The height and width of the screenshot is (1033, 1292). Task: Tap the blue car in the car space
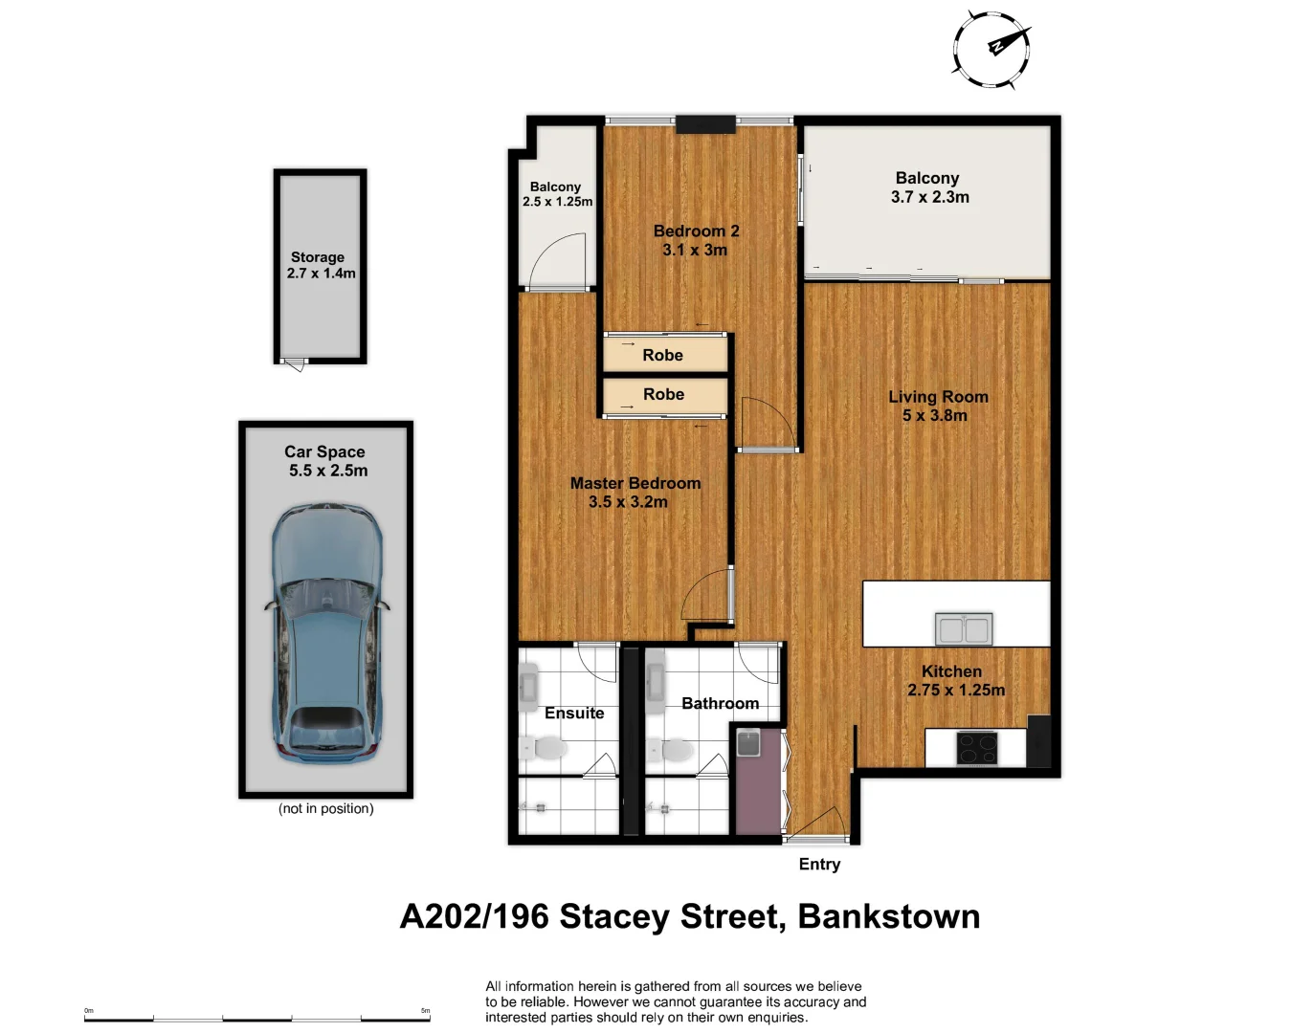click(326, 633)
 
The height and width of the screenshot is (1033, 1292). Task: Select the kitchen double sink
click(963, 629)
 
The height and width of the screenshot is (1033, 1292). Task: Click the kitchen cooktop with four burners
click(977, 748)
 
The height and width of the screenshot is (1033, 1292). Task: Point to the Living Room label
click(938, 397)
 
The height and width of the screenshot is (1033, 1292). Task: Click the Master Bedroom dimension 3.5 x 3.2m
click(628, 502)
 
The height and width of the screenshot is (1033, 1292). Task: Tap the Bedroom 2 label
click(696, 231)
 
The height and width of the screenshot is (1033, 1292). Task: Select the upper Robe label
click(662, 355)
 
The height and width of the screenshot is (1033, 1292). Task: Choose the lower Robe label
click(663, 394)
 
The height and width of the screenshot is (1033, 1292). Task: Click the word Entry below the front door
click(819, 864)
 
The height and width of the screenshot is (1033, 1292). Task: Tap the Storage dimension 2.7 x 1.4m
click(321, 274)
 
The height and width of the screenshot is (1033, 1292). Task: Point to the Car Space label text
click(324, 451)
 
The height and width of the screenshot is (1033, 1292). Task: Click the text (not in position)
click(325, 808)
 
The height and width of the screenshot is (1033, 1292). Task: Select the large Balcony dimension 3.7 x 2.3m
click(929, 197)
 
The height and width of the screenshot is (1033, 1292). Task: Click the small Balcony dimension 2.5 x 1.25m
click(557, 202)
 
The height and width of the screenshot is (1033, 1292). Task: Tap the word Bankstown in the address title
click(888, 916)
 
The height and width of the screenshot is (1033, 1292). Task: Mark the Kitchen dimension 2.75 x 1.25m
click(956, 690)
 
